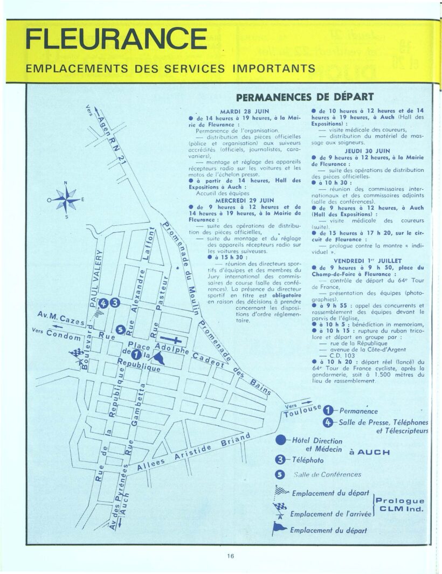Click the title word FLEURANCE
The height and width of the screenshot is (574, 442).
[116, 40]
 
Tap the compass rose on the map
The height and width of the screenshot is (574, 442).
[66, 200]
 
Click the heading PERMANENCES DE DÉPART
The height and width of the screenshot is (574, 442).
[305, 97]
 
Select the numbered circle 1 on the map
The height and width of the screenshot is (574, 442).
[136, 354]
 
